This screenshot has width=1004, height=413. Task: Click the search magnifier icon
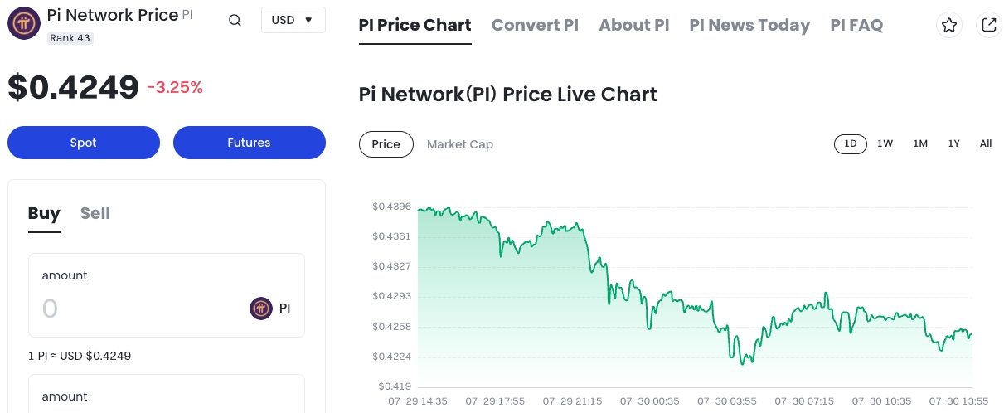click(x=235, y=21)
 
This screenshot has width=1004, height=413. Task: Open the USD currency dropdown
click(x=293, y=20)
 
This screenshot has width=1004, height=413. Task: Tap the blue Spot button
click(x=83, y=143)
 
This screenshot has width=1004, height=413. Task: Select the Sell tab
click(x=95, y=213)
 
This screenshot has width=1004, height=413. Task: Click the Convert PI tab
click(x=535, y=25)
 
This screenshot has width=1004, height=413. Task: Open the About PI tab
click(x=633, y=25)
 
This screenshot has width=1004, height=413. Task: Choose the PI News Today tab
click(x=749, y=25)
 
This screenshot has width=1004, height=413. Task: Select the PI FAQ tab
click(x=856, y=25)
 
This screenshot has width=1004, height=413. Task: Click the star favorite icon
click(x=949, y=25)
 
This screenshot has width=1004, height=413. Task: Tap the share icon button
click(x=988, y=25)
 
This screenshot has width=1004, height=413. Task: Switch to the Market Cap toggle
click(x=459, y=144)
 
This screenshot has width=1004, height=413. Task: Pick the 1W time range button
click(x=885, y=143)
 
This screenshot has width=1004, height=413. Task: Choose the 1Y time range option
click(x=953, y=143)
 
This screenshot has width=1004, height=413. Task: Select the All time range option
click(x=985, y=143)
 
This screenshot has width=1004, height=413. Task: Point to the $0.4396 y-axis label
click(x=391, y=206)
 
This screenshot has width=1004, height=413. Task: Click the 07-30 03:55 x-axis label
click(x=727, y=401)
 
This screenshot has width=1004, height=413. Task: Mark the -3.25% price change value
click(x=174, y=87)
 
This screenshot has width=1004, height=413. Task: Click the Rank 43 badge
click(x=70, y=37)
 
